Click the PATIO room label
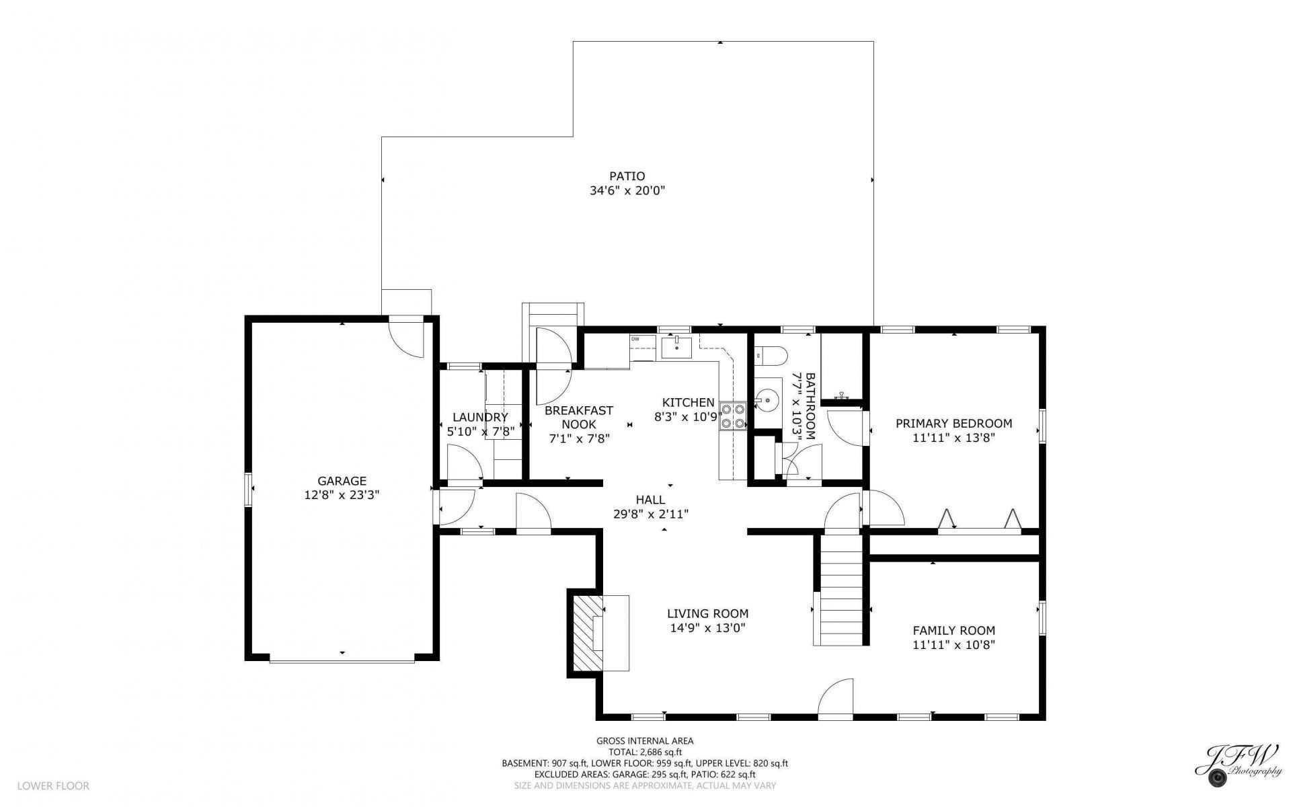coord(627,176)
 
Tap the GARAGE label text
coord(342,481)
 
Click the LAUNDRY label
coord(480,417)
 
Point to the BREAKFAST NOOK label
coord(578,417)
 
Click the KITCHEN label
coord(688,402)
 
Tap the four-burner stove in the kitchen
coord(733,415)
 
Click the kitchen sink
coord(677,348)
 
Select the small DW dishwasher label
coord(635,339)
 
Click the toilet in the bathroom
coord(767,354)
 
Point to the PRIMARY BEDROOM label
coord(953,423)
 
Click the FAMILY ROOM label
coord(953,630)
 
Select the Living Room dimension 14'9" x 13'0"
coord(707,628)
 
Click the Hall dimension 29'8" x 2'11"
coord(650,514)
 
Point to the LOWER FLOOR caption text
coord(53,785)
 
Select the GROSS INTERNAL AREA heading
coord(645,740)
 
